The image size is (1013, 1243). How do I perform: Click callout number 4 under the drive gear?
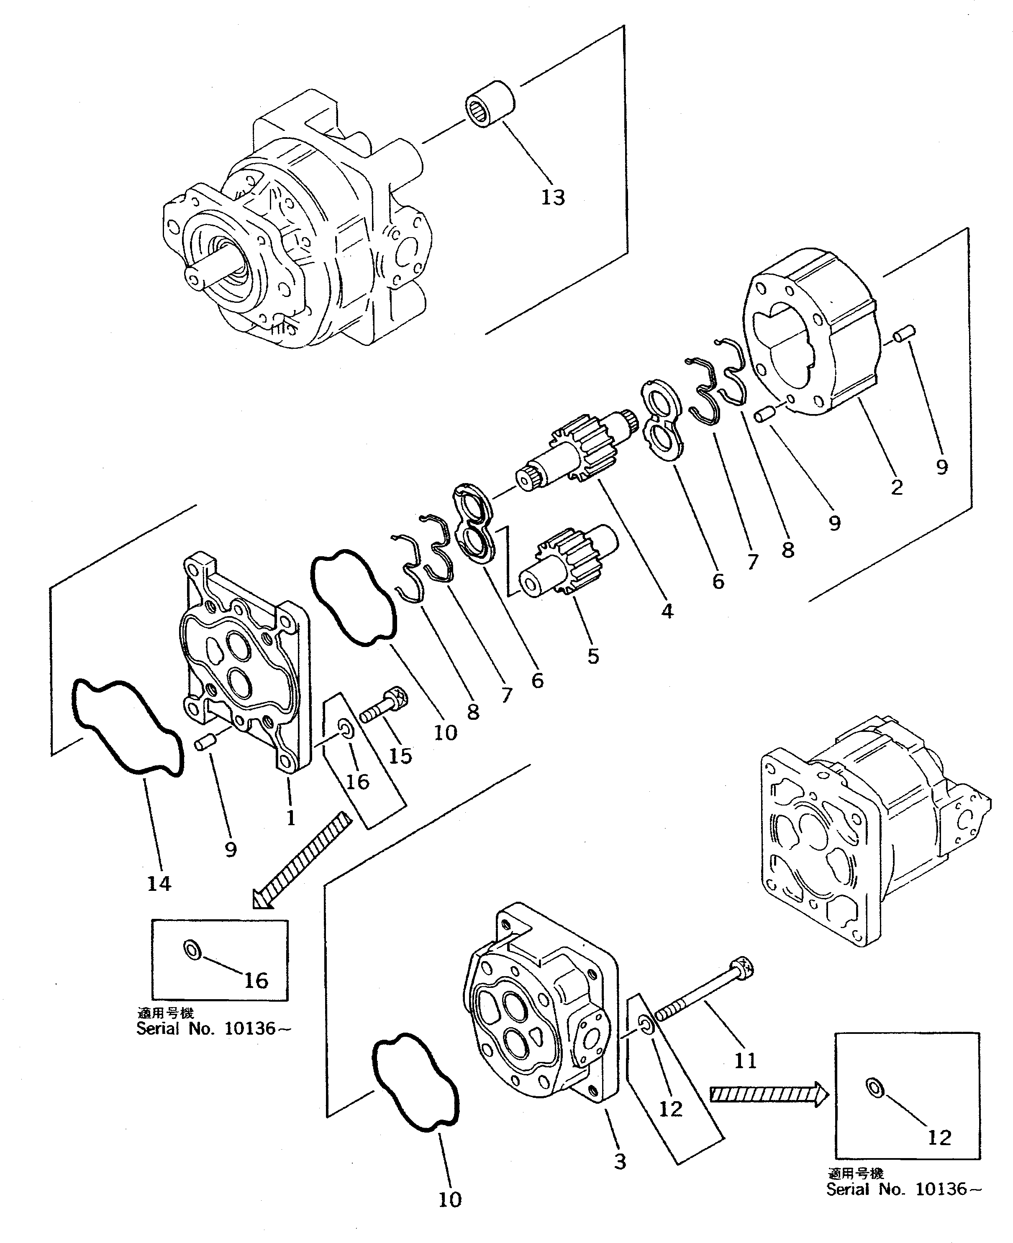667,611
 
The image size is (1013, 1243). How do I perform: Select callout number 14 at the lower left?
159,884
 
